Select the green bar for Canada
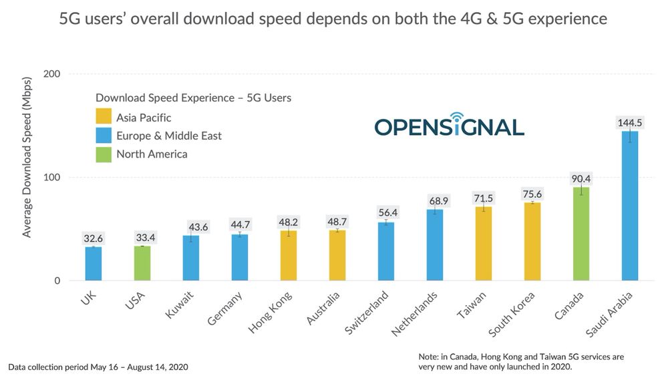pyautogui.click(x=581, y=234)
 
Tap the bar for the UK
pyautogui.click(x=94, y=264)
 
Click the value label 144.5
pyautogui.click(x=629, y=123)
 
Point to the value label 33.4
pyautogui.click(x=142, y=238)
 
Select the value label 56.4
pyautogui.click(x=386, y=213)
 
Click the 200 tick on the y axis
pyautogui.click(x=51, y=74)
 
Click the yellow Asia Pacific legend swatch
pyautogui.click(x=104, y=118)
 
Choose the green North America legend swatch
pyautogui.click(x=104, y=154)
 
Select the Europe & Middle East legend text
pyautogui.click(x=169, y=136)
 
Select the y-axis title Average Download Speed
pyautogui.click(x=27, y=166)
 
